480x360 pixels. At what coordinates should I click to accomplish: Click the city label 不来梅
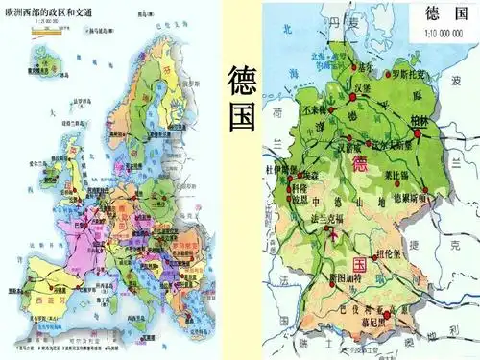[314, 110]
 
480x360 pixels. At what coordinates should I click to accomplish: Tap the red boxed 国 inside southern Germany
[362, 262]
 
